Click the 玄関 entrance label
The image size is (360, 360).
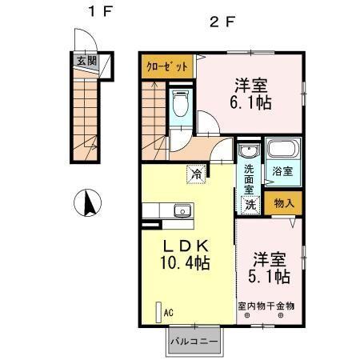85,59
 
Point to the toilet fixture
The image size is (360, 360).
180,102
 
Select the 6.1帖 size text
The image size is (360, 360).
250,103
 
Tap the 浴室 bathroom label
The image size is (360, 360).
282,171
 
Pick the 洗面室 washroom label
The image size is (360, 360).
249,181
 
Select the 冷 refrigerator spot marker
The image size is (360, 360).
196,170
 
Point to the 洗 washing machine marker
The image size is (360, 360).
250,204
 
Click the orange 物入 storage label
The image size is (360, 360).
284,203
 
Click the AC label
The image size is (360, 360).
168,314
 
